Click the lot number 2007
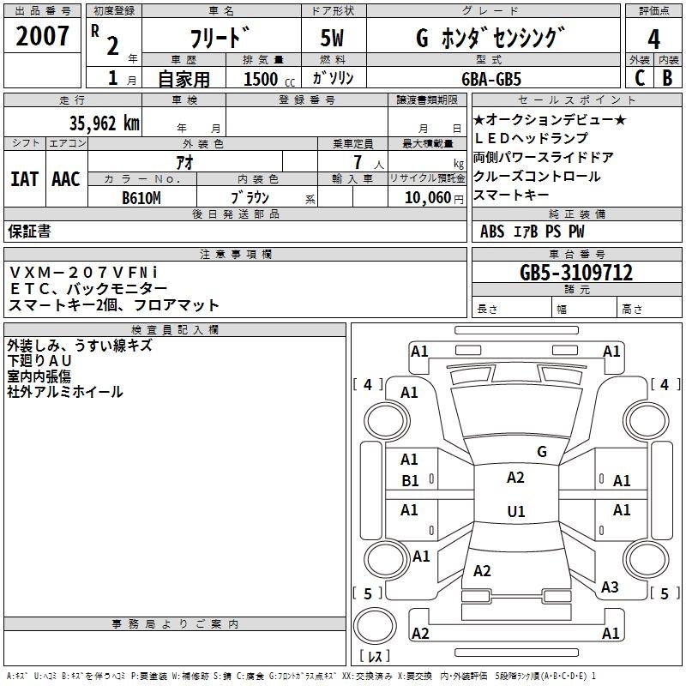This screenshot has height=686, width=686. (x=42, y=36)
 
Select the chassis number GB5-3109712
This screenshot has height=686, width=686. (x=576, y=274)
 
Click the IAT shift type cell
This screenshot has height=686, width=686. (x=24, y=179)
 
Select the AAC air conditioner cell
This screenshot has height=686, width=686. (x=66, y=179)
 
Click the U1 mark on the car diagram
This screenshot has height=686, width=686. (x=515, y=512)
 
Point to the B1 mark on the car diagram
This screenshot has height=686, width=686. (x=410, y=481)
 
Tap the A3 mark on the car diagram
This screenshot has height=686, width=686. (x=610, y=587)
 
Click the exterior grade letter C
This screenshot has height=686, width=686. (x=638, y=78)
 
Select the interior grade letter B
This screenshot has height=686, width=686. (x=667, y=78)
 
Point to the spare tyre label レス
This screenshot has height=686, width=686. (x=374, y=657)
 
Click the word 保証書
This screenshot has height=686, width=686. (x=29, y=231)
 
